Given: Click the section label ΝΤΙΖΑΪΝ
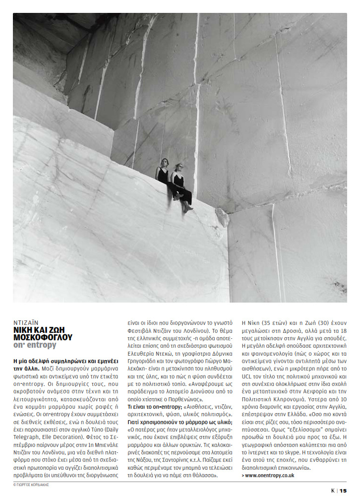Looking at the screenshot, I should [x=24, y=321].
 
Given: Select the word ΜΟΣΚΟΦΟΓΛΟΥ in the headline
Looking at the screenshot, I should [x=43, y=337].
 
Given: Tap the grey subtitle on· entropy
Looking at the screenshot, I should [x=35, y=345].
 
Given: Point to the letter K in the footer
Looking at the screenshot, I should [x=333, y=491].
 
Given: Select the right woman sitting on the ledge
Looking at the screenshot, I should [x=180, y=186].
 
